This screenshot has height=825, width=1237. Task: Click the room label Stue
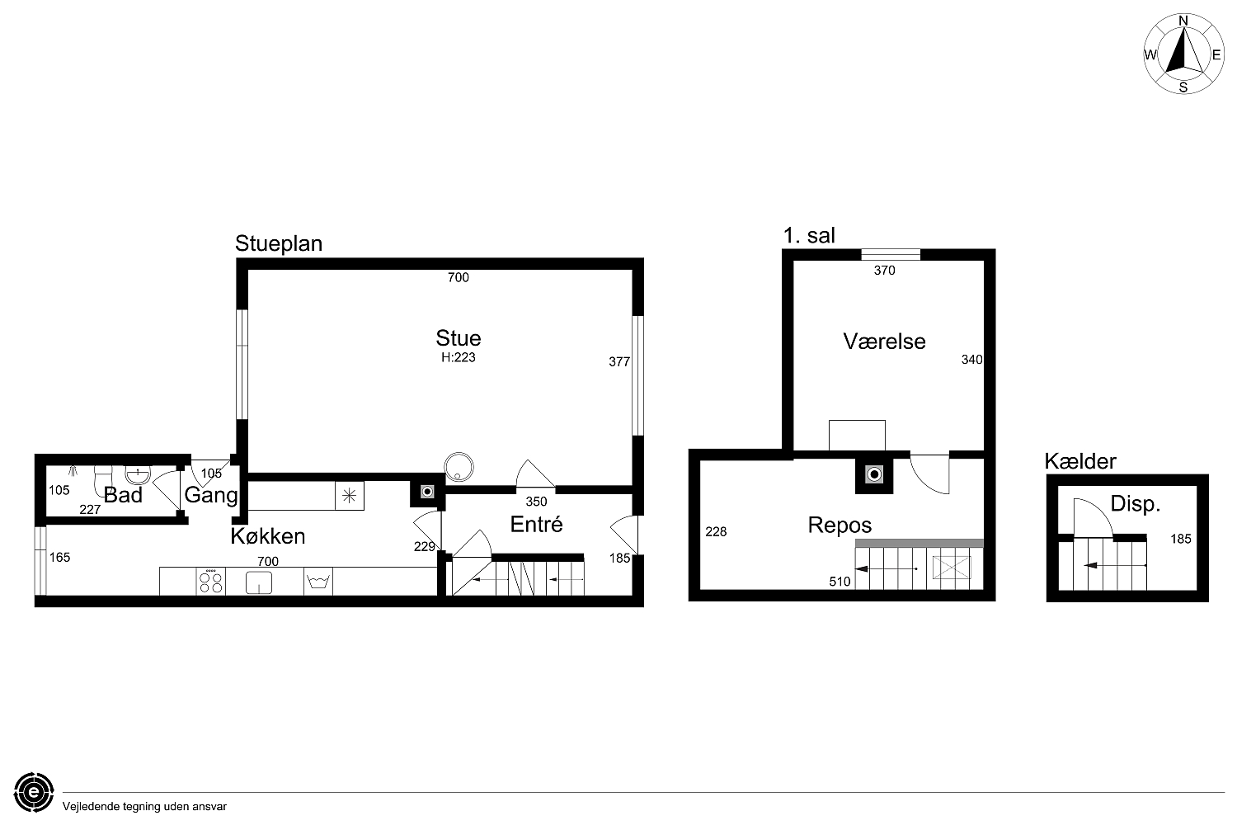(x=459, y=337)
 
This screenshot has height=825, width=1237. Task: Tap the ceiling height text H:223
(x=459, y=357)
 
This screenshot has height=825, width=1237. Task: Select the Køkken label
(x=268, y=536)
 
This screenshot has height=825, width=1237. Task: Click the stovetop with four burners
(x=211, y=582)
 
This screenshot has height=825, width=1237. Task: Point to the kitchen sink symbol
(x=258, y=582)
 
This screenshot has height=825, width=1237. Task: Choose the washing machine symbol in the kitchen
(x=318, y=582)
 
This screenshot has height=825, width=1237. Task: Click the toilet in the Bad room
(x=102, y=481)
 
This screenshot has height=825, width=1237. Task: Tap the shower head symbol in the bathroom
(x=73, y=471)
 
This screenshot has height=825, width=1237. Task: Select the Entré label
(x=536, y=525)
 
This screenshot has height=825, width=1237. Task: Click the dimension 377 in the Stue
(x=619, y=362)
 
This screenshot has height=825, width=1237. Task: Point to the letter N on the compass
(x=1183, y=21)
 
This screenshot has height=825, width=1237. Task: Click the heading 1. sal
(x=809, y=235)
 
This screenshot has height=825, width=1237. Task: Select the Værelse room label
(x=884, y=342)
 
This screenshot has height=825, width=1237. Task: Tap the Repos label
(x=840, y=525)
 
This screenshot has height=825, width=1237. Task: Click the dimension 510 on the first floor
(x=840, y=582)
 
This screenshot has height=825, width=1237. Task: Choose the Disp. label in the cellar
(x=1136, y=503)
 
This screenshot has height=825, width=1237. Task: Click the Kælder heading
(x=1080, y=461)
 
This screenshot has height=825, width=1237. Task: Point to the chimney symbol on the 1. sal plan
(x=874, y=474)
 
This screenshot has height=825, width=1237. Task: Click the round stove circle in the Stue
(x=459, y=468)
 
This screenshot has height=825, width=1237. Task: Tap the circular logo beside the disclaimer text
(x=35, y=792)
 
